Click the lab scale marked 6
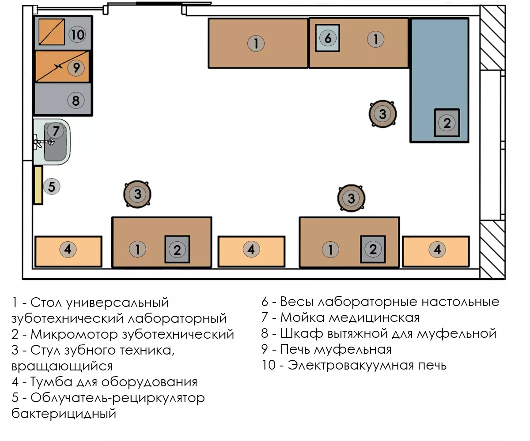(327, 38)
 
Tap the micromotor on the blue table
(447, 123)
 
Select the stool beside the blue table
(382, 114)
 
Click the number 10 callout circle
(77, 34)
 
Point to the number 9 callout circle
(76, 67)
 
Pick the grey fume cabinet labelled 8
(63, 99)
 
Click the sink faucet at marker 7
(44, 142)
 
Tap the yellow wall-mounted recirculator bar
(38, 185)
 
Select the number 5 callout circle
(52, 187)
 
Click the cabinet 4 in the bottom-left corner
(68, 251)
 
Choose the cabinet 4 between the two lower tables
(251, 251)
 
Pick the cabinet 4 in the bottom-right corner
(436, 251)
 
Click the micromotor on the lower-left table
(177, 250)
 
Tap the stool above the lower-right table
(351, 198)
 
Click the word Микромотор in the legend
(74, 334)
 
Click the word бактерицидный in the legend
(64, 413)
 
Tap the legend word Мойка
(302, 318)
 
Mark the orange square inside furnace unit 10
(52, 32)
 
